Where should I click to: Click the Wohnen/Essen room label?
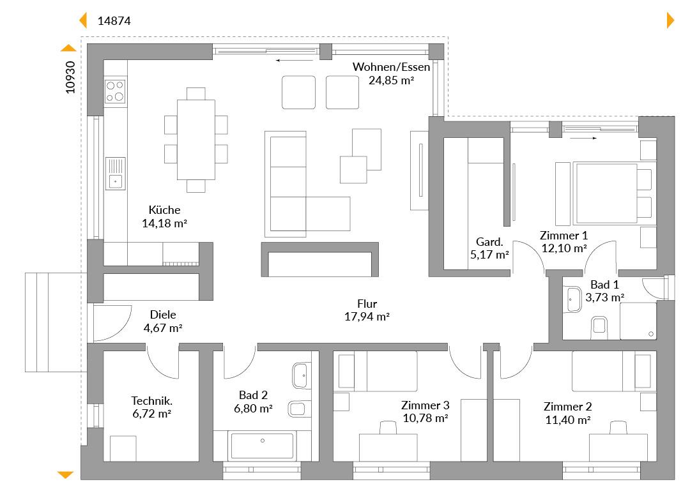coord(391,67)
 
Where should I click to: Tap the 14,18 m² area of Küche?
coord(165,223)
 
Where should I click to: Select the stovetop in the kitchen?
coord(115,91)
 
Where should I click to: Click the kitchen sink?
coord(115,173)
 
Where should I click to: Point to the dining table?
coord(196,139)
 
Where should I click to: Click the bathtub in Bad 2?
coord(263,446)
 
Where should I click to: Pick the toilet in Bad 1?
coord(599,328)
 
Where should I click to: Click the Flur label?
coord(367,304)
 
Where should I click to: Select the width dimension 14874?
coord(114,21)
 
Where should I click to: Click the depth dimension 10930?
coord(70,77)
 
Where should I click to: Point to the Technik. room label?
coord(152,401)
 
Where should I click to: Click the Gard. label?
coord(489,242)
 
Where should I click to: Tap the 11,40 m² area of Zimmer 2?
coord(568,420)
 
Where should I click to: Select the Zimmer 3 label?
coord(425,405)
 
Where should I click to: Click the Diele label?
coord(163,315)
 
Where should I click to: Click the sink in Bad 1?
coord(573,299)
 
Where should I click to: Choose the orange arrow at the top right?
coord(671,20)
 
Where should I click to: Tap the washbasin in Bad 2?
coord(301,375)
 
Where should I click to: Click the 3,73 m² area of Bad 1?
coord(604,298)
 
